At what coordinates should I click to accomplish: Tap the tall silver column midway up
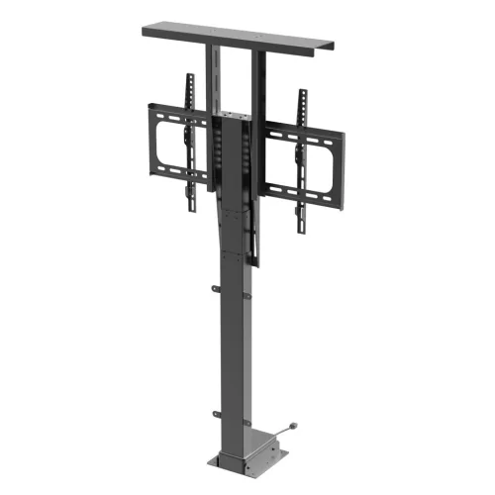[238, 356]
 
